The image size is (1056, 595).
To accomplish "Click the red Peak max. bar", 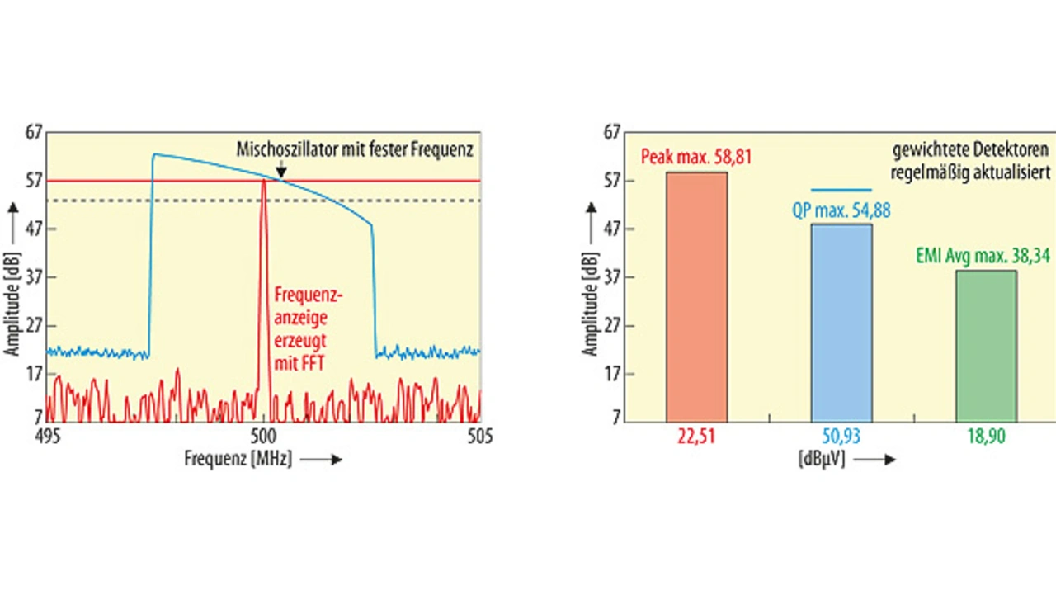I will tap(696, 296).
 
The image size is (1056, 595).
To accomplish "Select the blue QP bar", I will tap(841, 322).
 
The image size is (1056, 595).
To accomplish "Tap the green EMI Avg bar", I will tap(986, 345).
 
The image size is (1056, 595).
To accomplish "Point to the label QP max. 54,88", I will tap(841, 210).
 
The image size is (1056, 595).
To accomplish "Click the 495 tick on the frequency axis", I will tap(48, 437).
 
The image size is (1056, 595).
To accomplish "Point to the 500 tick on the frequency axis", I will tap(263, 437).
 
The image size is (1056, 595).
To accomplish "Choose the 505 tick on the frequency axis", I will tap(479, 437).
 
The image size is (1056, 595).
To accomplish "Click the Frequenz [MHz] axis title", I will tap(238, 460).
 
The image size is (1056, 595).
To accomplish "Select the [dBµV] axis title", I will tap(821, 459).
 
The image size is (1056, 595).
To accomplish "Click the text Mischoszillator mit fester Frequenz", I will tap(355, 150).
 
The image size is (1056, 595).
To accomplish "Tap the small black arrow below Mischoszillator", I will tap(282, 171).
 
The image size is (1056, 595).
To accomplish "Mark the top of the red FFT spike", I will tap(263, 181).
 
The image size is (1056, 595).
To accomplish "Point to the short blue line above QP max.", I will tap(841, 191).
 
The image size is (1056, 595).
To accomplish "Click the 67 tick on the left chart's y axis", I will tap(33, 132).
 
